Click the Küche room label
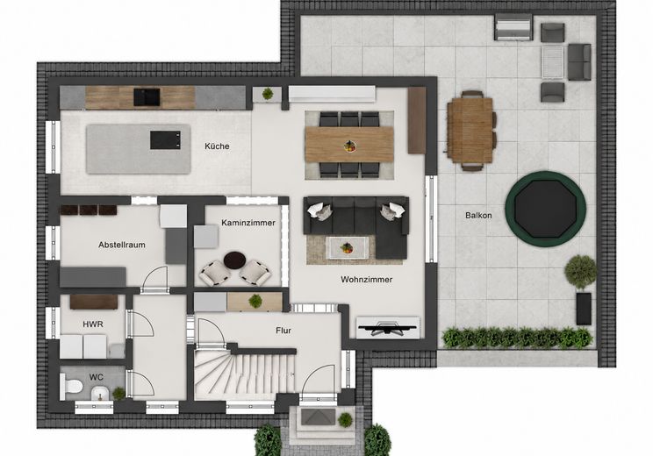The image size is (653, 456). (217, 146)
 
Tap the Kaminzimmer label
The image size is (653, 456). (248, 223)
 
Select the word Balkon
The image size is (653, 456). (478, 216)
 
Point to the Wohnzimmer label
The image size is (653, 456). (367, 280)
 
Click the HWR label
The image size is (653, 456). (93, 324)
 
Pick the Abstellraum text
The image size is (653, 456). (122, 245)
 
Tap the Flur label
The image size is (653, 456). (283, 331)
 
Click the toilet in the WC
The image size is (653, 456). (71, 386)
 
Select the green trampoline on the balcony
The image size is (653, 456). (546, 209)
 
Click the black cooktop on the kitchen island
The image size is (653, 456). (165, 139)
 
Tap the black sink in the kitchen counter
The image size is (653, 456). (147, 97)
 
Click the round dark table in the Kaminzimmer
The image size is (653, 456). (235, 260)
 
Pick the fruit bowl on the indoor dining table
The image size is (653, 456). (350, 146)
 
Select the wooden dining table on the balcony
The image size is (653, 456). (470, 131)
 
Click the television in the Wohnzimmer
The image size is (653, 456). (388, 327)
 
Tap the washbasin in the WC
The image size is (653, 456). (100, 392)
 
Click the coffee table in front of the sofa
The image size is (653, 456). (347, 247)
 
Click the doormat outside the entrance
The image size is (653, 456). (319, 417)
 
